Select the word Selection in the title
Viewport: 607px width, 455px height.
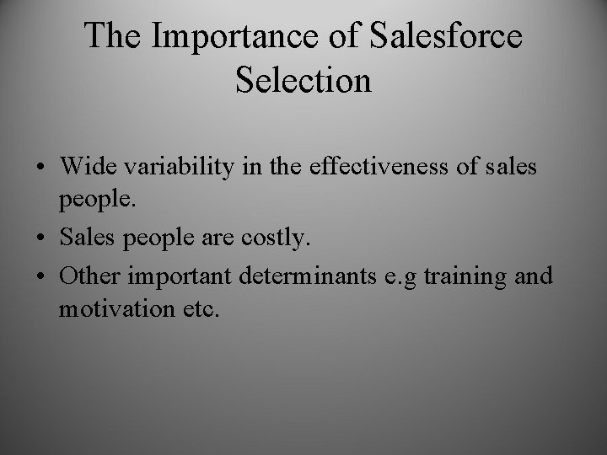(x=303, y=80)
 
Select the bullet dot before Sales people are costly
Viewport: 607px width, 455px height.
(x=41, y=239)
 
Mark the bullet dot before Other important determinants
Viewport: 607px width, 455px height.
(x=41, y=276)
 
